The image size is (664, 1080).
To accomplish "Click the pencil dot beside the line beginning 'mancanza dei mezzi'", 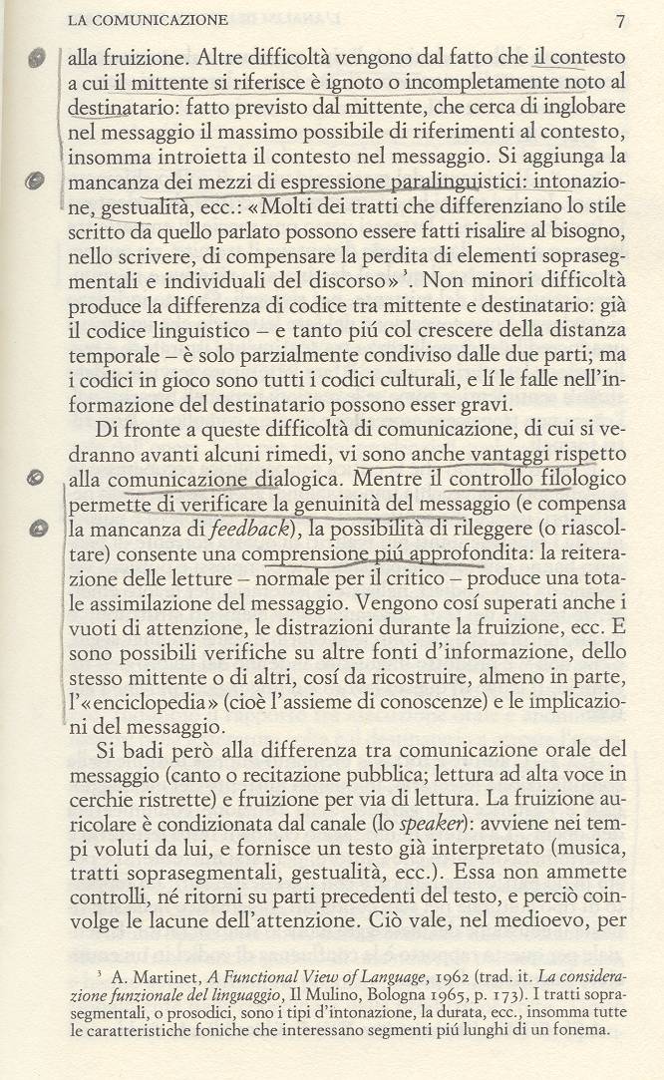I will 37,181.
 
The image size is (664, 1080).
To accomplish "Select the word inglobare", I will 582,107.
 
